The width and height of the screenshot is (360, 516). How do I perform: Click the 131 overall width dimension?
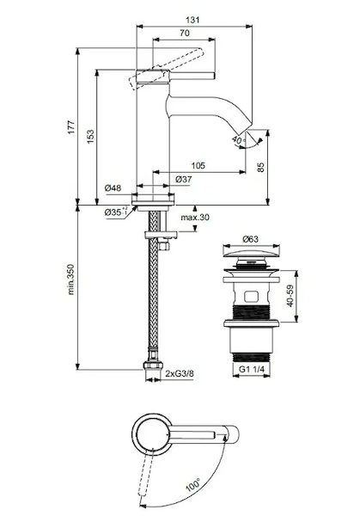click(192, 20)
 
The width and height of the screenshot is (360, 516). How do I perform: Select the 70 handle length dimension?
click(185, 33)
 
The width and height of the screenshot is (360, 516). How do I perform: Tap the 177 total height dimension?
click(71, 127)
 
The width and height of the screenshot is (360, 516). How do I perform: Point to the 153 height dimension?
click(90, 136)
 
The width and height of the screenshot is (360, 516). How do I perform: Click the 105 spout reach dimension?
click(198, 165)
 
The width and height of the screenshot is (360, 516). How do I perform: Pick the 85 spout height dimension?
click(260, 167)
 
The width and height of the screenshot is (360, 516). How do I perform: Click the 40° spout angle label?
click(239, 140)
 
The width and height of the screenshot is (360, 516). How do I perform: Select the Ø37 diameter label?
click(184, 180)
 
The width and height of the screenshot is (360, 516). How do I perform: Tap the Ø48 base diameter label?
click(113, 187)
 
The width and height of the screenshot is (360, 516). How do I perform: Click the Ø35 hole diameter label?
click(116, 212)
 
